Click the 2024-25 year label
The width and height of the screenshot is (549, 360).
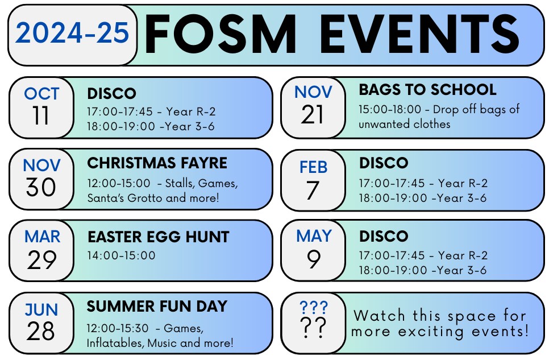pos(72,33)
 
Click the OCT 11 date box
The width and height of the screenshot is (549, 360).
pos(41,107)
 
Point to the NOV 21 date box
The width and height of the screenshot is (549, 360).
pos(313,107)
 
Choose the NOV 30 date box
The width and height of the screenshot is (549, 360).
pos(41,180)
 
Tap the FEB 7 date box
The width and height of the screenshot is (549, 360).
pos(313,180)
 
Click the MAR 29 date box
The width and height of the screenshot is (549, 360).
pos(41,251)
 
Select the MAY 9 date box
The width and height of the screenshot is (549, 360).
pos(313,250)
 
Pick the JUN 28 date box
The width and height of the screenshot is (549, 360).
pos(41,323)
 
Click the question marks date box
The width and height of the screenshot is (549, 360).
pos(313,323)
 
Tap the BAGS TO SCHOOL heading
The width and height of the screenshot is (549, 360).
pos(427,90)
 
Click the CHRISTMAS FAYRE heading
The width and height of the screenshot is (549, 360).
pos(157,163)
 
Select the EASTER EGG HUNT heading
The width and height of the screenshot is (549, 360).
pos(158,237)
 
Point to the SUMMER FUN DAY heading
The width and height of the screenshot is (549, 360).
pos(157,306)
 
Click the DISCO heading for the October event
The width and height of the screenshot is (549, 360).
pos(112,94)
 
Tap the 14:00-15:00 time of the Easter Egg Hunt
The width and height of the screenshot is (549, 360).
pos(121,255)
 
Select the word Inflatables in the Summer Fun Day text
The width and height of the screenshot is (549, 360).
pos(115,343)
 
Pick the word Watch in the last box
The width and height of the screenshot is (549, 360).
pos(379,316)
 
